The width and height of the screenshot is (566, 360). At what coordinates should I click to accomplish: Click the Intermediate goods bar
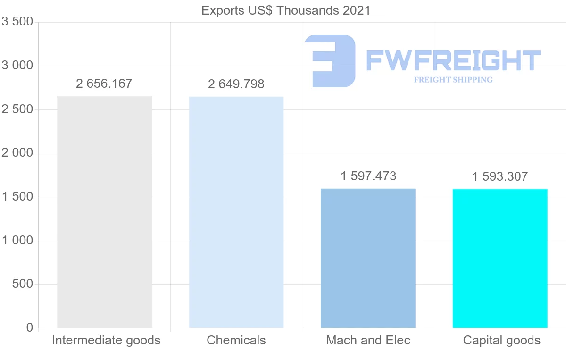pyautogui.click(x=104, y=212)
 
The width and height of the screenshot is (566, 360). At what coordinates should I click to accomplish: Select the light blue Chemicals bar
pyautogui.click(x=236, y=212)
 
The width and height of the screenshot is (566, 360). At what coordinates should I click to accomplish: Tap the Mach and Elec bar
pyautogui.click(x=368, y=258)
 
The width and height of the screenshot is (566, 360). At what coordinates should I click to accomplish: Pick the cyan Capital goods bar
pyautogui.click(x=500, y=258)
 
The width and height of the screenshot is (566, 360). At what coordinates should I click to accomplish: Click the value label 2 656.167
pyautogui.click(x=104, y=84)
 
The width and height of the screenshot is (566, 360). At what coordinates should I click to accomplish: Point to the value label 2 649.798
pyautogui.click(x=236, y=84)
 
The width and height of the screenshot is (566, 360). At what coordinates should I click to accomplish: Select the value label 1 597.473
pyautogui.click(x=368, y=176)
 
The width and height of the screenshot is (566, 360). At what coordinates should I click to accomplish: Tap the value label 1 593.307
pyautogui.click(x=500, y=177)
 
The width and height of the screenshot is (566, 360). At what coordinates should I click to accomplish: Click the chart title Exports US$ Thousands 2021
pyautogui.click(x=286, y=10)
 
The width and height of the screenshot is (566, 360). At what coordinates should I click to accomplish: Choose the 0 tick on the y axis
pyautogui.click(x=29, y=328)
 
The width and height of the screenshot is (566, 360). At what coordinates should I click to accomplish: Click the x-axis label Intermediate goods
pyautogui.click(x=106, y=340)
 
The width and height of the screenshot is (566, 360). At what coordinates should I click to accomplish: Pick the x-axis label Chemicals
pyautogui.click(x=236, y=340)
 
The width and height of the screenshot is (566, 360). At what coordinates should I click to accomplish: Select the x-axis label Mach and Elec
pyautogui.click(x=368, y=340)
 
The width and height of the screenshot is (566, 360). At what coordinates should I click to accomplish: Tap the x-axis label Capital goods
pyautogui.click(x=501, y=340)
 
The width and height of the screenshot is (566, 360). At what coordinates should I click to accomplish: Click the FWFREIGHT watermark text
pyautogui.click(x=453, y=60)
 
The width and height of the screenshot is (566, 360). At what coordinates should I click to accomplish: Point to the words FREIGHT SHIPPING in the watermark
pyautogui.click(x=453, y=80)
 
